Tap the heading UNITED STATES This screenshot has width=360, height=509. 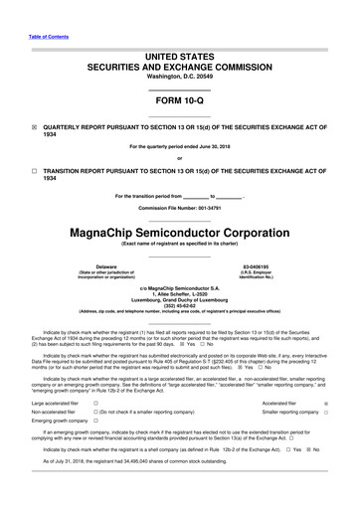[179, 32]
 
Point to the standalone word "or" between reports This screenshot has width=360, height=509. [179, 158]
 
